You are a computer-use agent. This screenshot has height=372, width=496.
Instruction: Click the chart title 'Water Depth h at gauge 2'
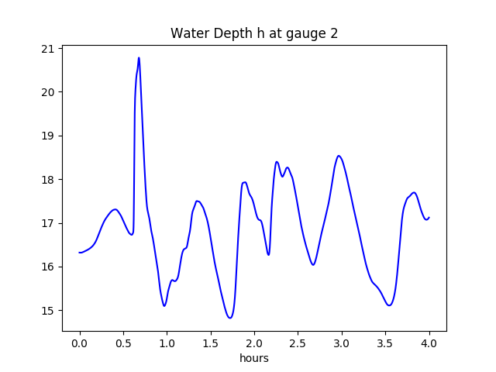click(x=254, y=33)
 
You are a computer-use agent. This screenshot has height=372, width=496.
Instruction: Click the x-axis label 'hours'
click(x=254, y=359)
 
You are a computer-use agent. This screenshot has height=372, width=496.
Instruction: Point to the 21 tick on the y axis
click(x=48, y=49)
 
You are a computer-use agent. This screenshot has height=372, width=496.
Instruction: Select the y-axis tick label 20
click(x=48, y=92)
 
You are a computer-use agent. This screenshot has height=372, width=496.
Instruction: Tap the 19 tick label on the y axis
click(x=48, y=136)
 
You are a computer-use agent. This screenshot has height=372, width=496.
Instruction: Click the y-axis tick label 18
click(x=48, y=180)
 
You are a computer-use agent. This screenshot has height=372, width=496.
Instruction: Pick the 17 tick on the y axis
click(x=48, y=223)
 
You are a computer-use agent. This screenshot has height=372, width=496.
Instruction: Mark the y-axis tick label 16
click(x=48, y=267)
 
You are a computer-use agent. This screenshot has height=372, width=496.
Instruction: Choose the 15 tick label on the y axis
click(x=48, y=311)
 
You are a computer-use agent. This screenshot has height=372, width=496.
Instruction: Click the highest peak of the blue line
click(x=139, y=57)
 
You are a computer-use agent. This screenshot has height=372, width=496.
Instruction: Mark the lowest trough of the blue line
click(x=230, y=318)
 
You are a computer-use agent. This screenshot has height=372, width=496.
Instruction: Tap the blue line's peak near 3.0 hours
click(x=339, y=156)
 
